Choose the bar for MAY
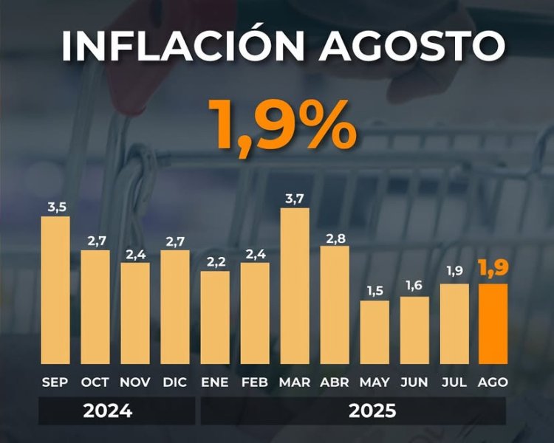coord(375,333)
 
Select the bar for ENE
coord(215,318)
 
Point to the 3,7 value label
coord(295,197)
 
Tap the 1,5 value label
coord(375,290)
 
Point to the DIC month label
coord(174,382)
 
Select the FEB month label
coord(255,382)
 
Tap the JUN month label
coord(414,382)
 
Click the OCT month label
coord(95,382)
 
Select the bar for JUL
coord(454,324)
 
